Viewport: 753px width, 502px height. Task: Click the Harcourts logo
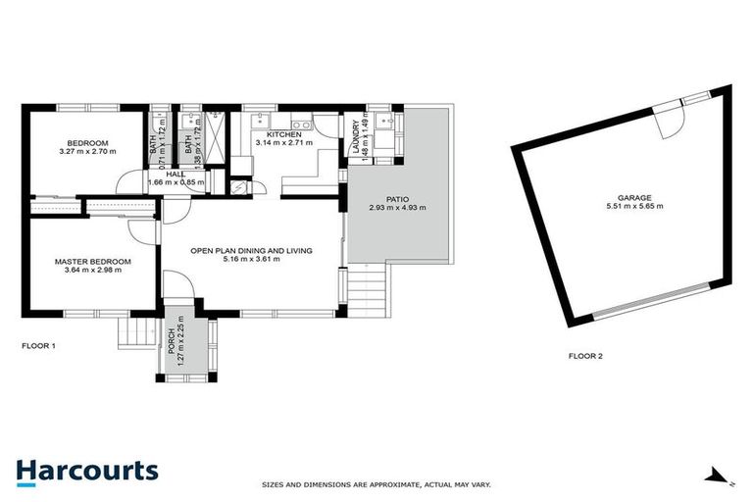coord(86,470)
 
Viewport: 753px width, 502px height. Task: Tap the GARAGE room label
coord(634,196)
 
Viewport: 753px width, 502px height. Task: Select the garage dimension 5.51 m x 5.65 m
coord(634,206)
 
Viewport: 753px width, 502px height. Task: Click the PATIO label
coord(396,198)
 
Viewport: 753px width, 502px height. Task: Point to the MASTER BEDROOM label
coord(92,262)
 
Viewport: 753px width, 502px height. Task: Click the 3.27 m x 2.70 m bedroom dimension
coord(87,152)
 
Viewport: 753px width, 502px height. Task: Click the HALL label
coord(176,174)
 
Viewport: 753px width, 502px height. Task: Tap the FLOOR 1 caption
coord(39,345)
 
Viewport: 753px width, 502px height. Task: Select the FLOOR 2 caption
coord(586,356)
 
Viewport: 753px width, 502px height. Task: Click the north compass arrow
coord(721,476)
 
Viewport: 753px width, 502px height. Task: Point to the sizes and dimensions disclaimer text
coord(376,484)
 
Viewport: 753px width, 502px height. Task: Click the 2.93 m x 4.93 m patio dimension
coord(396,208)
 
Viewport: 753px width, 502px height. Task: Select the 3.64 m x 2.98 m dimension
coord(92,272)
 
